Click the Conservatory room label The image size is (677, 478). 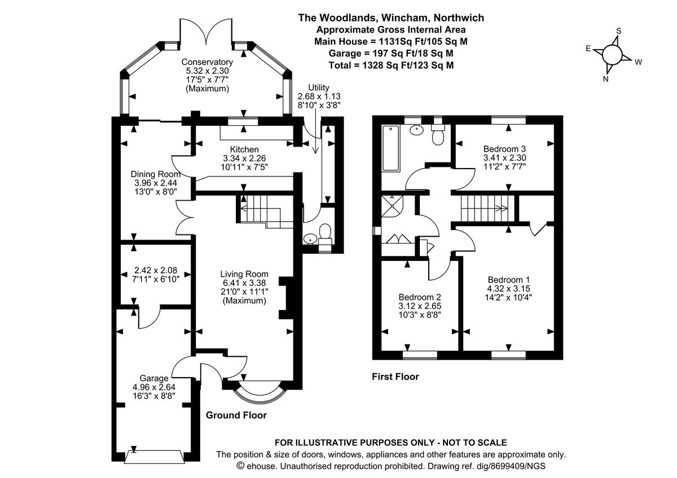point(207,62)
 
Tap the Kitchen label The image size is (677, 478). point(244,149)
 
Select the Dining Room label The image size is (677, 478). point(156,174)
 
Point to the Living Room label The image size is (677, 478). point(244,274)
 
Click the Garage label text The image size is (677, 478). point(154,378)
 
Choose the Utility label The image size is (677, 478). point(319,88)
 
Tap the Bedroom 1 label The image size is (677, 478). point(509,280)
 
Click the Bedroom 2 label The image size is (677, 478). point(420,297)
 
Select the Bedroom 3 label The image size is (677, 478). point(505,149)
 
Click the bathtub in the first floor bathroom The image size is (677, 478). point(390,148)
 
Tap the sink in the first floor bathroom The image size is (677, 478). point(417,130)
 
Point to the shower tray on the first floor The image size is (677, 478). point(392,206)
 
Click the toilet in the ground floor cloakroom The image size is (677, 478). point(325,233)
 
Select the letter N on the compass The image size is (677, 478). point(605,79)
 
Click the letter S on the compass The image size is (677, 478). point(619,31)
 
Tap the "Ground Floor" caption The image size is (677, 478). point(236,415)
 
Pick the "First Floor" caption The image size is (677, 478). point(395,377)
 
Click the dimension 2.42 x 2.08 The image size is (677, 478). point(156,270)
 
